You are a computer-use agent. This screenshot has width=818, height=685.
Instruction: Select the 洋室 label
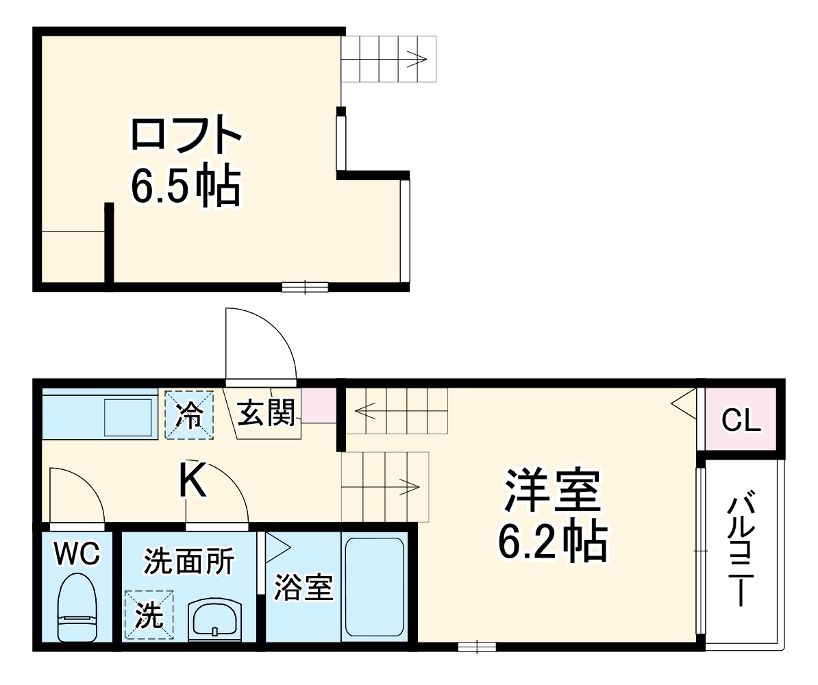point(552,490)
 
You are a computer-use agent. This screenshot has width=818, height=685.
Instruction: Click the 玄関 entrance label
point(266,413)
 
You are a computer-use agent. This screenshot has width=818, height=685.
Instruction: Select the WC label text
point(77,553)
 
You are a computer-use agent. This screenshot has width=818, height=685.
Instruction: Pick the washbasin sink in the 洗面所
point(215,620)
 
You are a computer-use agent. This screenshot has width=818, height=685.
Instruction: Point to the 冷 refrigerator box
point(188,414)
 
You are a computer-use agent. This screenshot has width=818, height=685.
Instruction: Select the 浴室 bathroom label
point(303,588)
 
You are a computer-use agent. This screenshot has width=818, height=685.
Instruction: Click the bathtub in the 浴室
point(374,587)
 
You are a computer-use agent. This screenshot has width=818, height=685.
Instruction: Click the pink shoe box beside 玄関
point(319,406)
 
